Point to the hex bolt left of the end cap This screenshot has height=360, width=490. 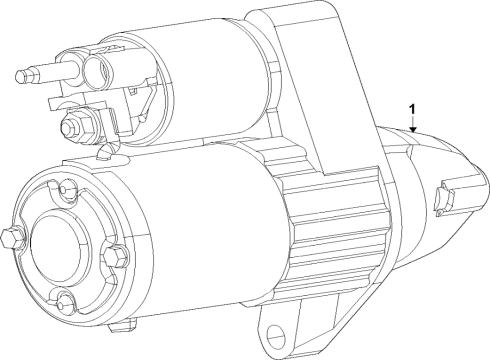click(x=13, y=238)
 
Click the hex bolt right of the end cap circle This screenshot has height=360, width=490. click(x=115, y=257)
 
